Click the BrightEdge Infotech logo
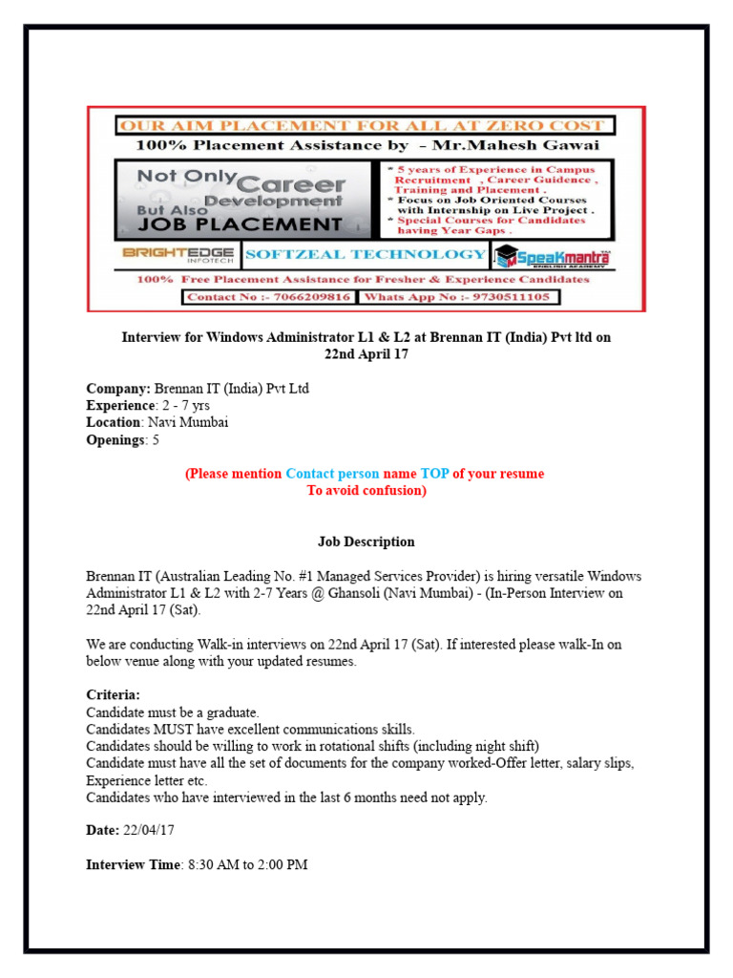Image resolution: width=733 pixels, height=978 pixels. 178,255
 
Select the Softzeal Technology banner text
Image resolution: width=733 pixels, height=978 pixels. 365,254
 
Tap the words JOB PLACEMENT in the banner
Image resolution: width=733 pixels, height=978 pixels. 229,224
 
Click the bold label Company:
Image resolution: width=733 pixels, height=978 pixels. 118,389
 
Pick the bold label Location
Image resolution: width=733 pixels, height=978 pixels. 115,421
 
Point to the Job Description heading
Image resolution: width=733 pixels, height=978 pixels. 366,542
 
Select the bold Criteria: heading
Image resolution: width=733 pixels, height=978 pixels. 113,695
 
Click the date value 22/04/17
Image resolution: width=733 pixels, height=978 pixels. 149,831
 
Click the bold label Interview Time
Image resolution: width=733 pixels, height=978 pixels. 133,864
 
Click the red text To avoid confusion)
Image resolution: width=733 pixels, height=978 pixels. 366,491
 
